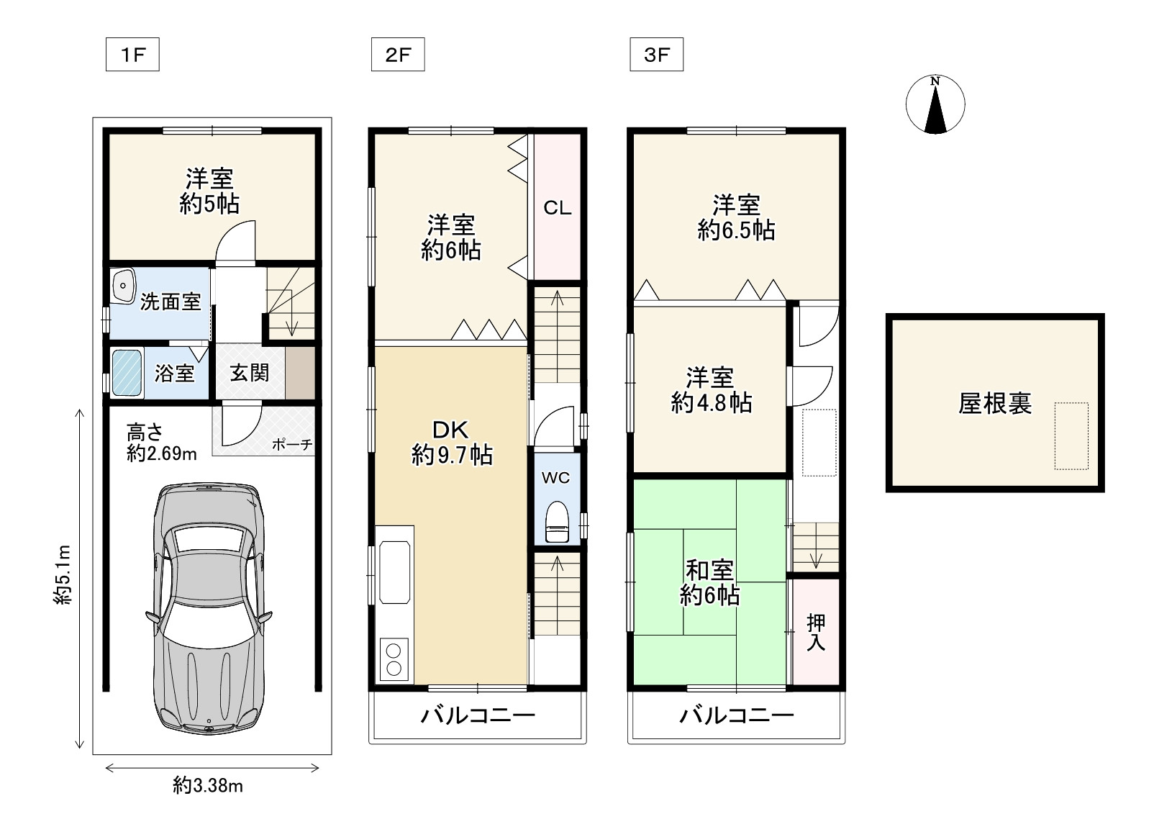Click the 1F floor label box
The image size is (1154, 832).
point(132,55)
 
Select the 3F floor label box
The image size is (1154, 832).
point(656,55)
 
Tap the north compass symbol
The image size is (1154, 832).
point(935,105)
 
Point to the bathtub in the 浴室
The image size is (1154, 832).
point(127,372)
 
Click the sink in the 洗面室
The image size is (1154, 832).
point(124,286)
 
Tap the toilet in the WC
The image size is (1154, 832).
point(556,521)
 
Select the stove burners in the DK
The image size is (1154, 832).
point(394,659)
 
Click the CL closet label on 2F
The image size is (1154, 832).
point(557,208)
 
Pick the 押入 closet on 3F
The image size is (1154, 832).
point(815,632)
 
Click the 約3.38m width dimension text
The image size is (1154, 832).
point(208,785)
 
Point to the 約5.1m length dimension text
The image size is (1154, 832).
point(63,574)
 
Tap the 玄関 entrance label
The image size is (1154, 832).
point(250,372)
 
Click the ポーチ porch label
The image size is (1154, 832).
point(292,445)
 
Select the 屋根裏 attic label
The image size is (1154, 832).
point(995,403)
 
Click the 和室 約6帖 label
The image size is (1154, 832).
point(709,583)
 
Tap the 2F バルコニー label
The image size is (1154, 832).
point(478,715)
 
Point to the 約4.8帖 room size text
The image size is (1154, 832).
point(711,402)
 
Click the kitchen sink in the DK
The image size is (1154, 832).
point(394,572)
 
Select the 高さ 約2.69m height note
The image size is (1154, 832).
point(161,443)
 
